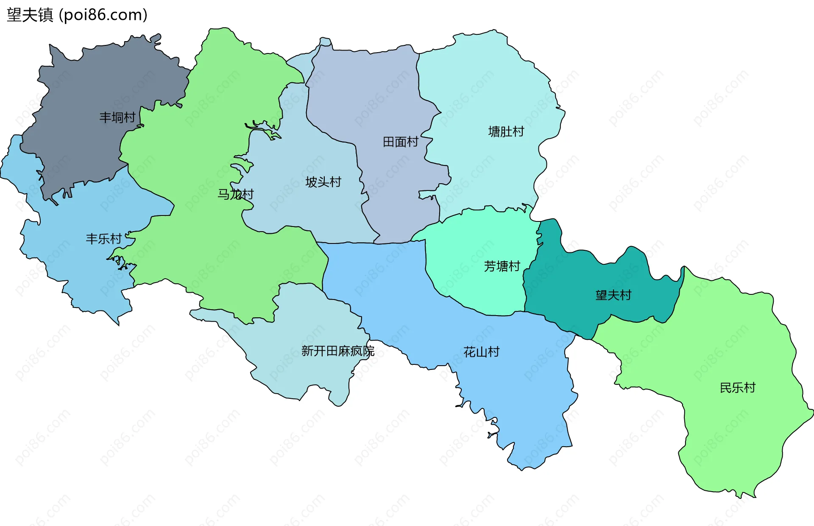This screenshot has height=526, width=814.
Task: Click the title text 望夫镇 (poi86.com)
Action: point(77,15)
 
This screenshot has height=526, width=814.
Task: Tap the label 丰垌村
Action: point(117,118)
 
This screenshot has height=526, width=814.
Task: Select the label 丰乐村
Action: point(103,239)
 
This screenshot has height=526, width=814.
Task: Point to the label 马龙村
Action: point(235,194)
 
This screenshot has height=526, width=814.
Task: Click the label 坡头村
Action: point(323,182)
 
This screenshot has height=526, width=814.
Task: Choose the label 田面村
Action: point(400,142)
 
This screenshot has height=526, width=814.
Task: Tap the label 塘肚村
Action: point(506,131)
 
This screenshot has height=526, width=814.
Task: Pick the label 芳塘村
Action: point(502,266)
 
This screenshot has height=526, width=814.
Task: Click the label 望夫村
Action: point(613,295)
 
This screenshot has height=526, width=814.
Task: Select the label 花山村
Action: point(481,352)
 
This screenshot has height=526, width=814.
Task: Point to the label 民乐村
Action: point(737,388)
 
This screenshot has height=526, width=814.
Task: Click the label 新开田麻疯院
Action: point(337,351)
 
